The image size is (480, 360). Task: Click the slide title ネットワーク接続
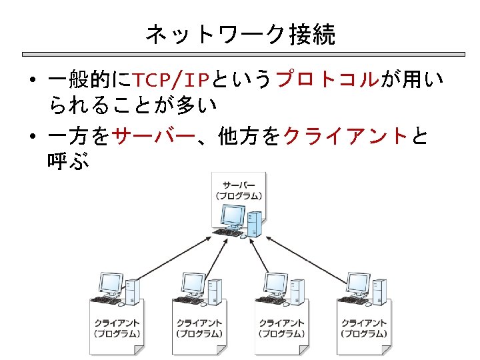coord(240,34)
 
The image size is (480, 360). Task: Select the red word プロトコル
coord(327,81)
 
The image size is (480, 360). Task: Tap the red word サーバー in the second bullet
coord(154,137)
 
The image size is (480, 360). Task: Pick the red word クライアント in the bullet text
coord(345,137)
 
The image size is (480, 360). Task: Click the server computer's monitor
coord(233,216)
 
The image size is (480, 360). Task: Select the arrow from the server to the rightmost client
coord(303,257)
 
